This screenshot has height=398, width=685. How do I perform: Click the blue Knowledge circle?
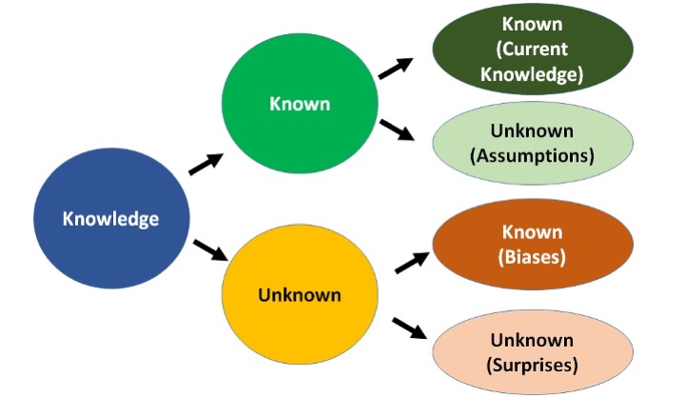coord(109,218)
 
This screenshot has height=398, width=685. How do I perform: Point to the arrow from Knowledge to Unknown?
coord(209,250)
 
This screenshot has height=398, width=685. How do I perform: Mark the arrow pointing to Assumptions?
coord(399,131)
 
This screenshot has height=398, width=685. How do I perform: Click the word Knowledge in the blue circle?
coord(109,218)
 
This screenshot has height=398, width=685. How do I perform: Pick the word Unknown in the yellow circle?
coord(298,294)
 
